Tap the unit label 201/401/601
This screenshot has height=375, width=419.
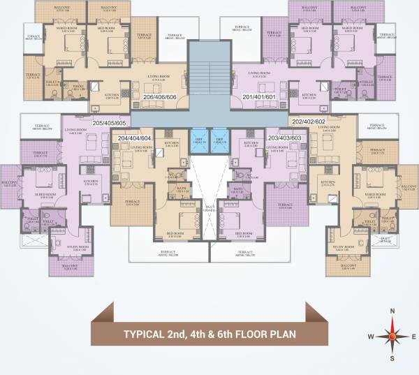tap(258, 96)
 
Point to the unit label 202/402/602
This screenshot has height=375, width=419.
tap(309, 122)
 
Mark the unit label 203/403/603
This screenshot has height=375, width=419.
tap(285, 138)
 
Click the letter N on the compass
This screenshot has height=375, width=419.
tap(392, 311)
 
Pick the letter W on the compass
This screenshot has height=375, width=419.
tap(370, 335)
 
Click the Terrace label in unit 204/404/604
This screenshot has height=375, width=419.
tap(132, 203)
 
